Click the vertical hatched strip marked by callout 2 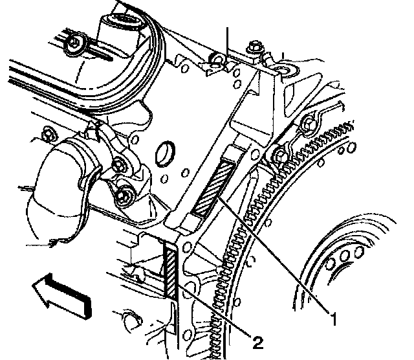pos(171,271)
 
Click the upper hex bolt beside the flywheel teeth pos(308,124)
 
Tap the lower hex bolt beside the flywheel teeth pos(279,155)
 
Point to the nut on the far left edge pos(46,135)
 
